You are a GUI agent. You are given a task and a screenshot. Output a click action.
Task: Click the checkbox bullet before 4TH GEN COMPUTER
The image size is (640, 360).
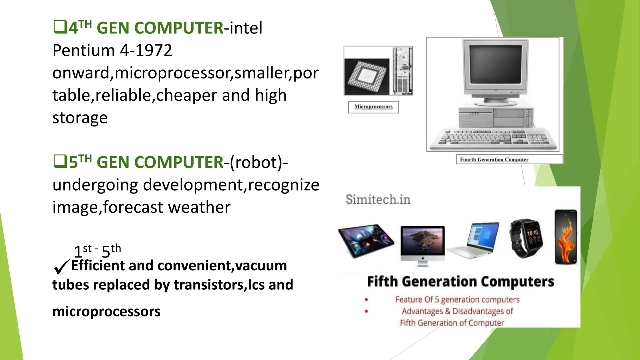pyautogui.click(x=60, y=27)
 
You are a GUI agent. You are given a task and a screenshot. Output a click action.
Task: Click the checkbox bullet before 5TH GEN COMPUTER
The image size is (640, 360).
pyautogui.click(x=60, y=162)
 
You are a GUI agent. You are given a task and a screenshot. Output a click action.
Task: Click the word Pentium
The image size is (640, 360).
pyautogui.click(x=84, y=50)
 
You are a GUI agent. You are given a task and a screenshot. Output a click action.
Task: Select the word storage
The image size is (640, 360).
pyautogui.click(x=80, y=118)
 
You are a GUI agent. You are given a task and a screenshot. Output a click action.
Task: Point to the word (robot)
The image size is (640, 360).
pyautogui.click(x=256, y=162)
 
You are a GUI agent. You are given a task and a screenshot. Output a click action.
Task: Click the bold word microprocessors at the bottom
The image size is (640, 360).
pyautogui.click(x=106, y=312)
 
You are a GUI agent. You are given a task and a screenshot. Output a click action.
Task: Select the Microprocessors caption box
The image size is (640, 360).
pyautogui.click(x=373, y=107)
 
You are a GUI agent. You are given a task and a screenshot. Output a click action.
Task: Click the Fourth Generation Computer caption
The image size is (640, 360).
pyautogui.click(x=494, y=159)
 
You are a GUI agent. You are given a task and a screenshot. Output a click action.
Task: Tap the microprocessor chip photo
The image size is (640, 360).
pyautogui.click(x=367, y=76)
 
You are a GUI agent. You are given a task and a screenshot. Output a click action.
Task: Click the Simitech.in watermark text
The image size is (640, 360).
pyautogui.click(x=378, y=199)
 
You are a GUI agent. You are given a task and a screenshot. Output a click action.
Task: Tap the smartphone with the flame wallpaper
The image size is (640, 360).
pyautogui.click(x=566, y=237)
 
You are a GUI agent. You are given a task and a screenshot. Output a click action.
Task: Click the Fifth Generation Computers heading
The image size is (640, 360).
pyautogui.click(x=460, y=282)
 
